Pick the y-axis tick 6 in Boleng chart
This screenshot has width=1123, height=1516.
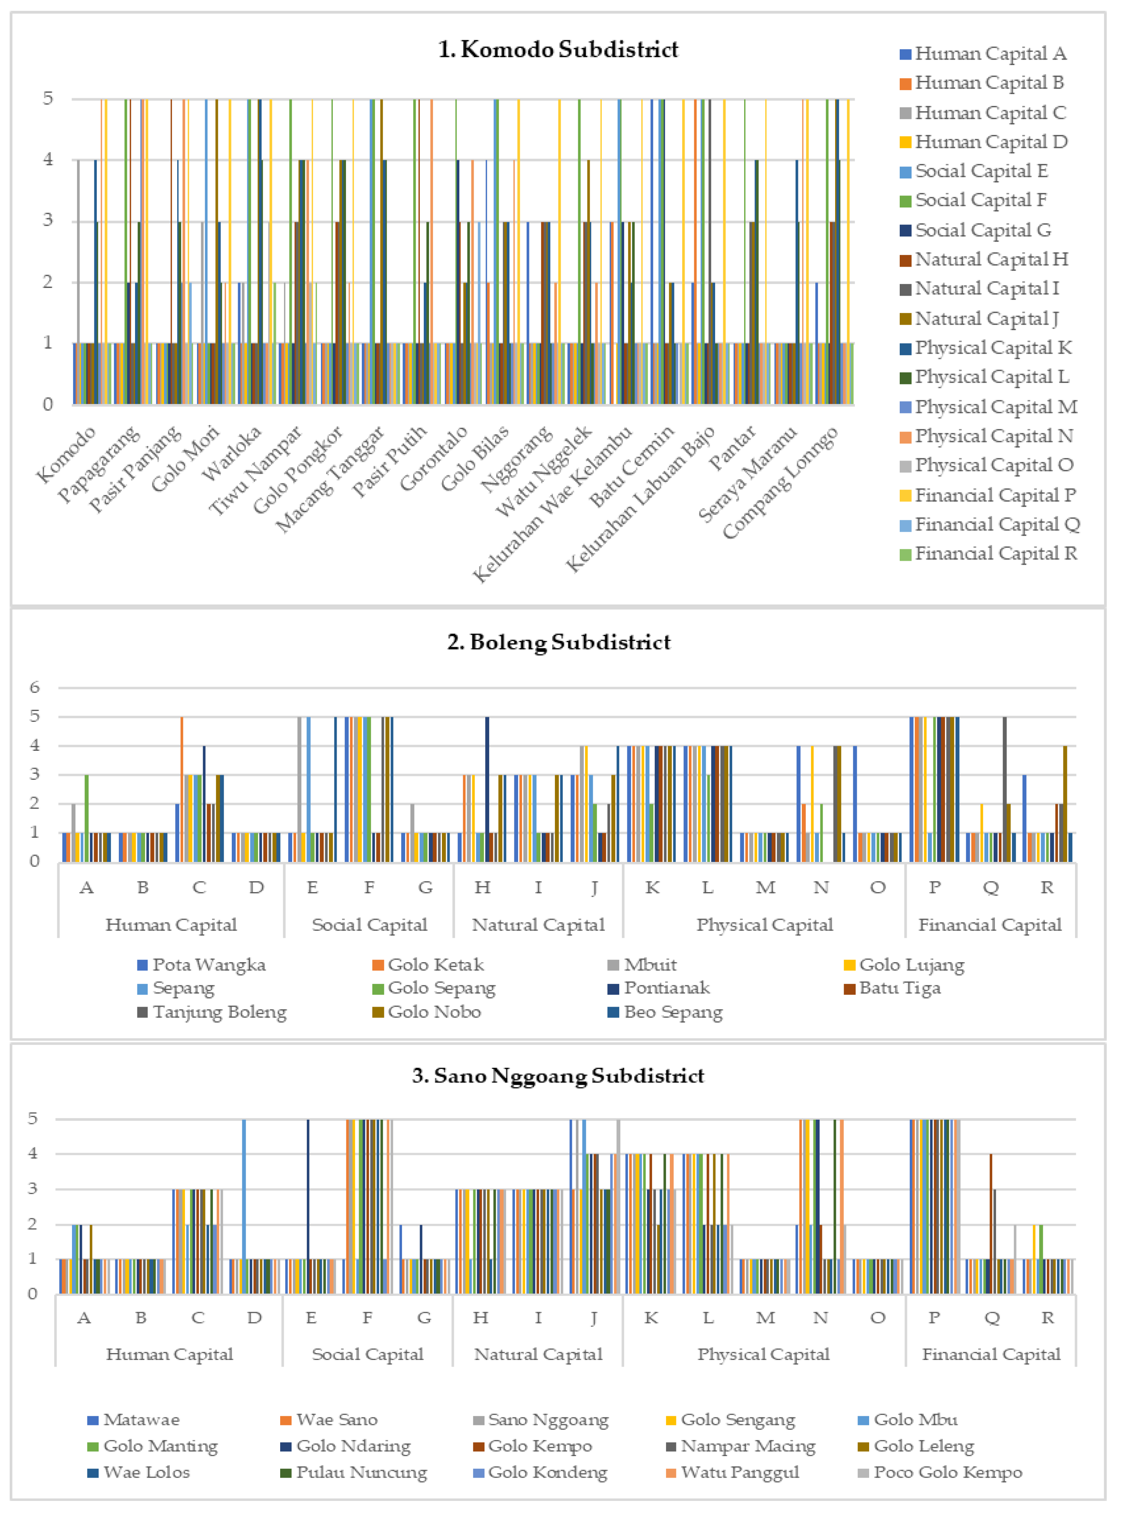pos(34,687)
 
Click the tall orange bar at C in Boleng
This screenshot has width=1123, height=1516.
pos(181,789)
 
